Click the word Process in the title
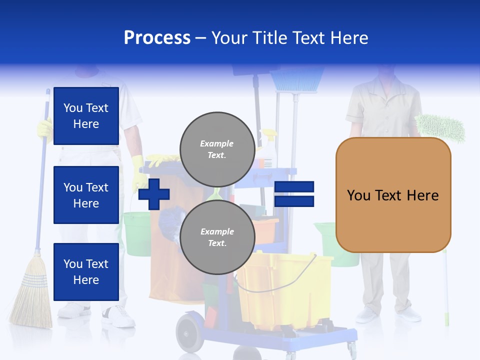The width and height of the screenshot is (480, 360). tap(157, 38)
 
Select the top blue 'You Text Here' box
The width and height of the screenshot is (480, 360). tap(86, 116)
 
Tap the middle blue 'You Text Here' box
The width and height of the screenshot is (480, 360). tap(86, 195)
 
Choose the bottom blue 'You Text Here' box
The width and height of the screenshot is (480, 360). tap(86, 271)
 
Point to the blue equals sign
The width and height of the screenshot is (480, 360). tap(294, 194)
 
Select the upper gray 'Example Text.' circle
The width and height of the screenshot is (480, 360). tap(217, 149)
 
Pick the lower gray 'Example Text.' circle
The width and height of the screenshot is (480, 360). tap(217, 237)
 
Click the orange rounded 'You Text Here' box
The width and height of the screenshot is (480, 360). tap(393, 195)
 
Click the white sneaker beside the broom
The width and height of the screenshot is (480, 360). tap(118, 316)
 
